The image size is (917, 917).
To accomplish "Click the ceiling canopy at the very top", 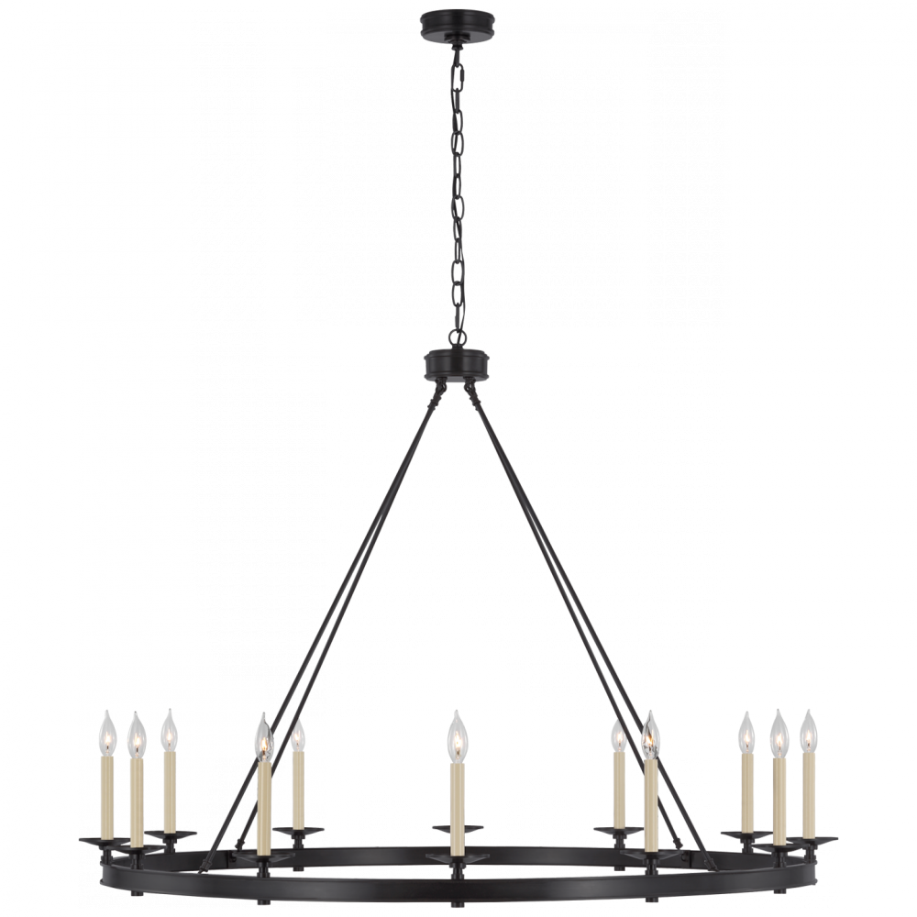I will point(457,20).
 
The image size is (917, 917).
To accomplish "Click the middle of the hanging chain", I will point(456,183).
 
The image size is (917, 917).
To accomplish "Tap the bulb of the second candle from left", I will point(136,734).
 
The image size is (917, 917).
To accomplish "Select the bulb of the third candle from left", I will point(169,731).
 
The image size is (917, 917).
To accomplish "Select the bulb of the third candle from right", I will point(746,731).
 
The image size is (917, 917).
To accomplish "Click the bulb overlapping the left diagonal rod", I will point(263,739).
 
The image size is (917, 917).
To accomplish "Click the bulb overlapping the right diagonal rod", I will point(650,736).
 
